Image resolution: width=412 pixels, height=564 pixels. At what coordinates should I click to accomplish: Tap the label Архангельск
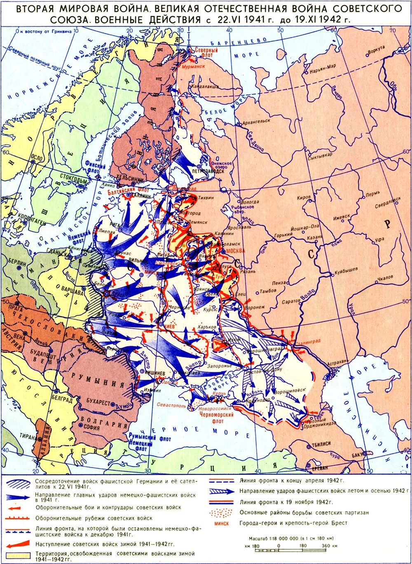pos(256,121)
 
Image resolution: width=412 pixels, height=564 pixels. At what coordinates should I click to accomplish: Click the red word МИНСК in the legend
pos(222,523)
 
